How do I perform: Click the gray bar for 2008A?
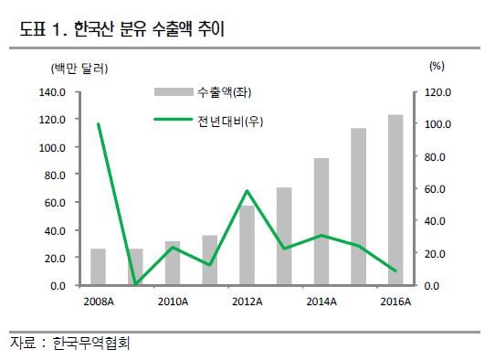coord(99,267)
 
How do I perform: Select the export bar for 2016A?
coord(395,200)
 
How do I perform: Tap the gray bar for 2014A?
coord(321,222)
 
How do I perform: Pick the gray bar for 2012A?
coord(247,246)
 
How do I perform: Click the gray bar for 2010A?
coord(173,263)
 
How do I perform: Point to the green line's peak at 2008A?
coord(99,124)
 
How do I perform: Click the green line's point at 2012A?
coord(247,191)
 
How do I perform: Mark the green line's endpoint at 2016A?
coord(395,270)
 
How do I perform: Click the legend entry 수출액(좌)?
coord(203,92)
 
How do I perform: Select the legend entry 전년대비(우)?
coord(208,121)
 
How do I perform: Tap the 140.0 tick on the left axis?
coord(52,92)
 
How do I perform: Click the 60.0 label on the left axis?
coord(55,203)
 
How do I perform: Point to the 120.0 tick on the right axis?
coord(437,92)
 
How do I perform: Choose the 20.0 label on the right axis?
coord(435,254)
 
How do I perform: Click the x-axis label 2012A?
coord(247,302)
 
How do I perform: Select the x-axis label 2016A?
coord(395,302)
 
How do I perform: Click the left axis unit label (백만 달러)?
coord(79,69)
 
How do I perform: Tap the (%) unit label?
coord(437,66)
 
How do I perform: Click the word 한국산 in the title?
coord(93,29)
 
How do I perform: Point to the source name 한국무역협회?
coord(91,343)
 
